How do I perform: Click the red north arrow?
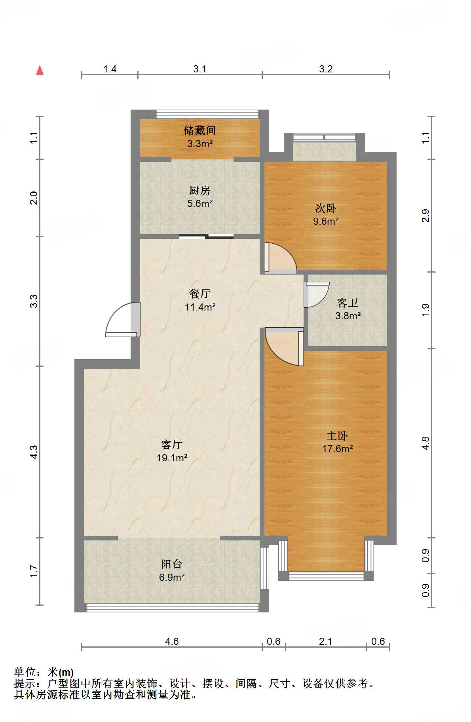tap(40, 70)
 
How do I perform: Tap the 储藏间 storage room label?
tap(200, 130)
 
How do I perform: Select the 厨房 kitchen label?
tap(200, 190)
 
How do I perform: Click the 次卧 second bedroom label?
tap(326, 208)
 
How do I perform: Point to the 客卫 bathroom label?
tap(348, 303)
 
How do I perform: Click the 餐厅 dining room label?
tap(200, 294)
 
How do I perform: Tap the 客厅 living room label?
tap(172, 444)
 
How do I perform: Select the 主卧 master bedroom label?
tap(337, 436)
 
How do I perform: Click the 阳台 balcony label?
tap(172, 564)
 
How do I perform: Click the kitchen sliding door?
tap(206, 236)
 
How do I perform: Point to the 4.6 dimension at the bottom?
tap(172, 641)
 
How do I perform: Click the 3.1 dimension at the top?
tap(200, 69)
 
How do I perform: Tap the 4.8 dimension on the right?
tap(425, 443)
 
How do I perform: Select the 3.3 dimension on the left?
tap(34, 301)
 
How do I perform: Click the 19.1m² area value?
tap(172, 458)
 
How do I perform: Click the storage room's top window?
tap(207, 114)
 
